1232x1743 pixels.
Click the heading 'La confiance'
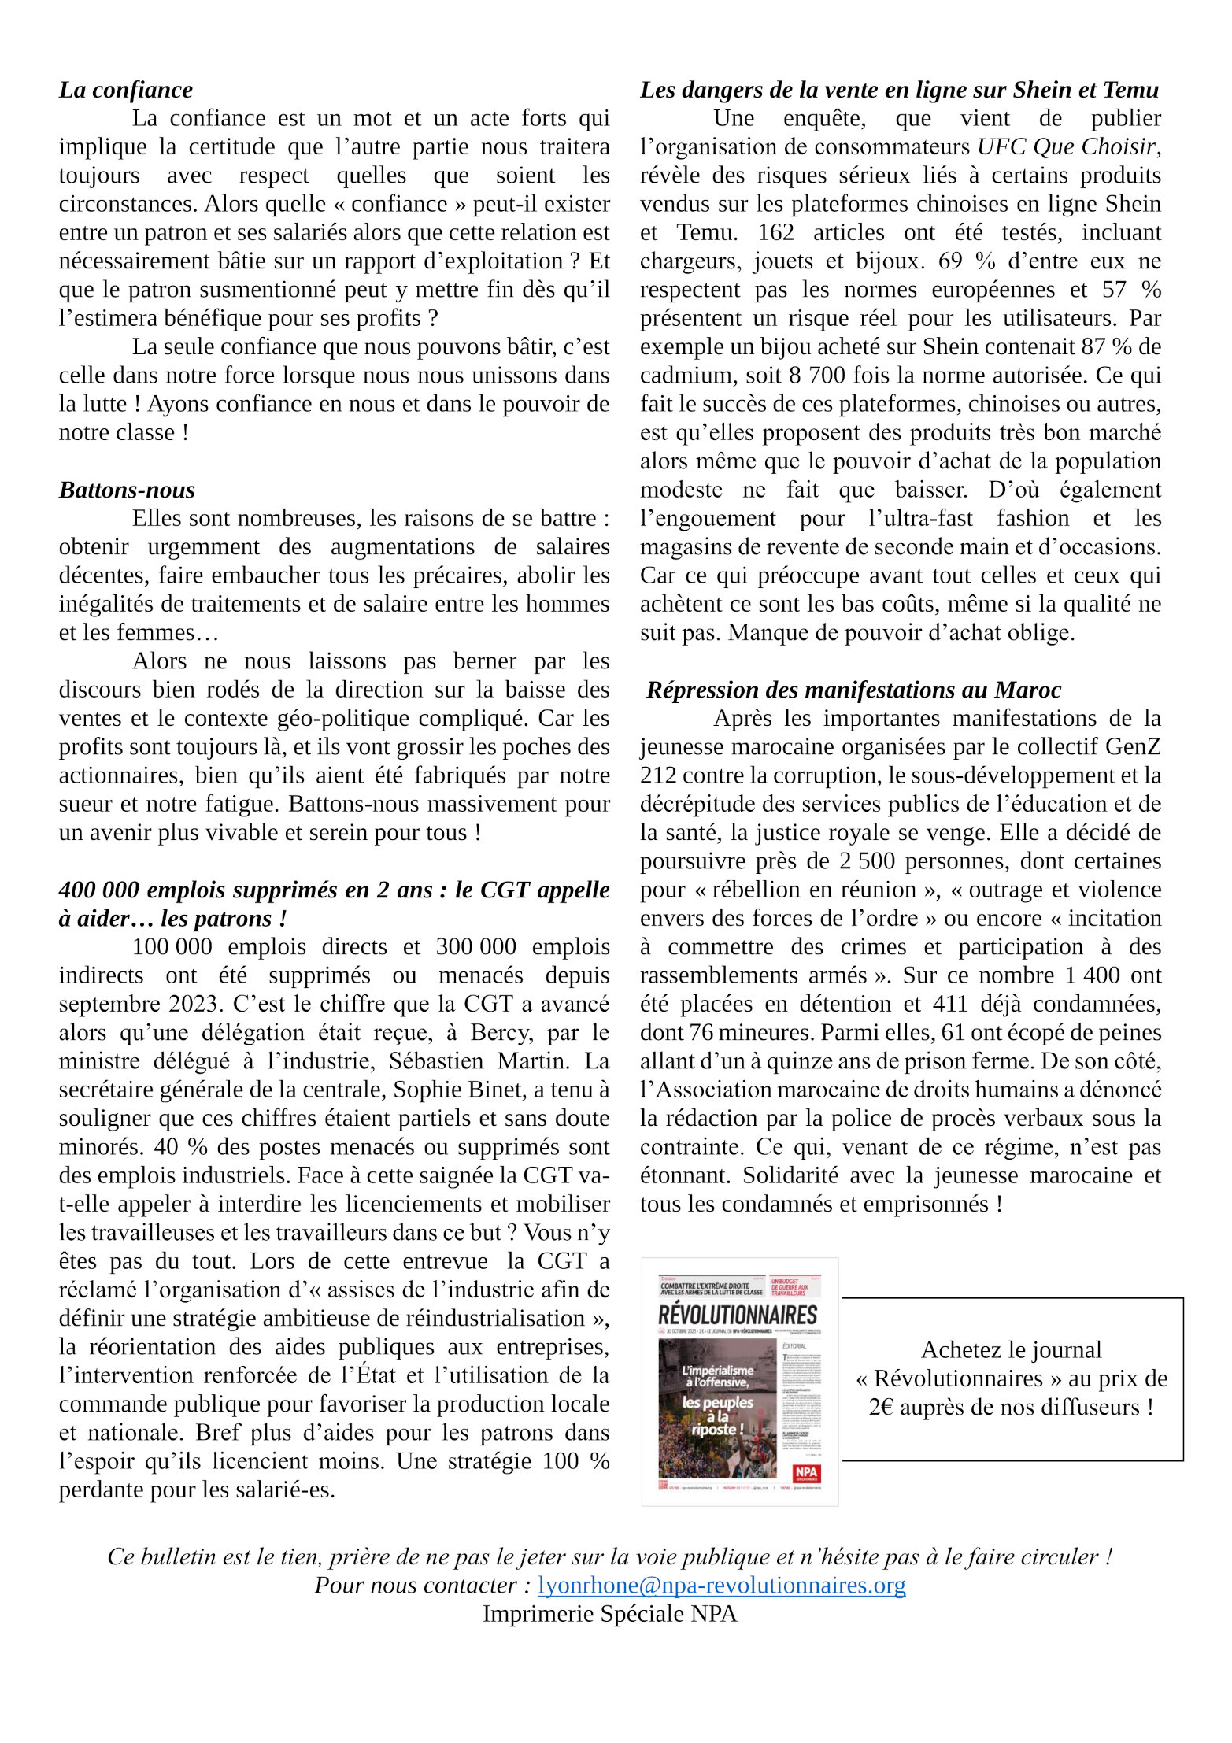tap(125, 90)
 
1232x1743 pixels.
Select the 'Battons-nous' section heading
tap(127, 490)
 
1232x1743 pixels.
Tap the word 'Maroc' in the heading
tap(1027, 690)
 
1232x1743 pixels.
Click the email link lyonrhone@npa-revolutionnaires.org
tap(721, 1585)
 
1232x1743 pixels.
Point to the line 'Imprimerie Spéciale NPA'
tap(609, 1613)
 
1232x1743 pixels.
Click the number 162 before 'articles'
tap(775, 232)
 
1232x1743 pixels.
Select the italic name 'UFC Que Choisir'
tap(1067, 146)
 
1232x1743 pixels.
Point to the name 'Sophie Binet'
tap(458, 1089)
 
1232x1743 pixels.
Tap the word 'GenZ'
tap(1133, 746)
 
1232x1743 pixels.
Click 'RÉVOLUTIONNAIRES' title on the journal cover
tap(738, 1314)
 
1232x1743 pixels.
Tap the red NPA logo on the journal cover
tap(806, 1472)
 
